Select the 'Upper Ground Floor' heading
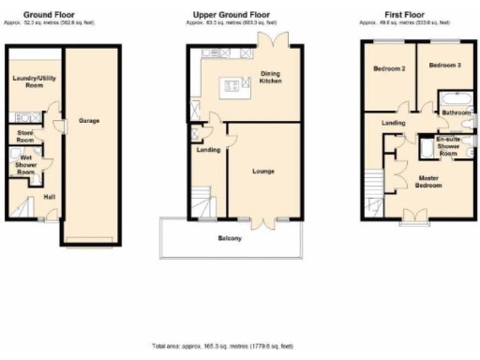click(232, 15)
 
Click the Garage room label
click(89, 121)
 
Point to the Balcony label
click(231, 238)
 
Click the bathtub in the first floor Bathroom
click(458, 97)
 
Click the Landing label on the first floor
click(394, 122)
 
